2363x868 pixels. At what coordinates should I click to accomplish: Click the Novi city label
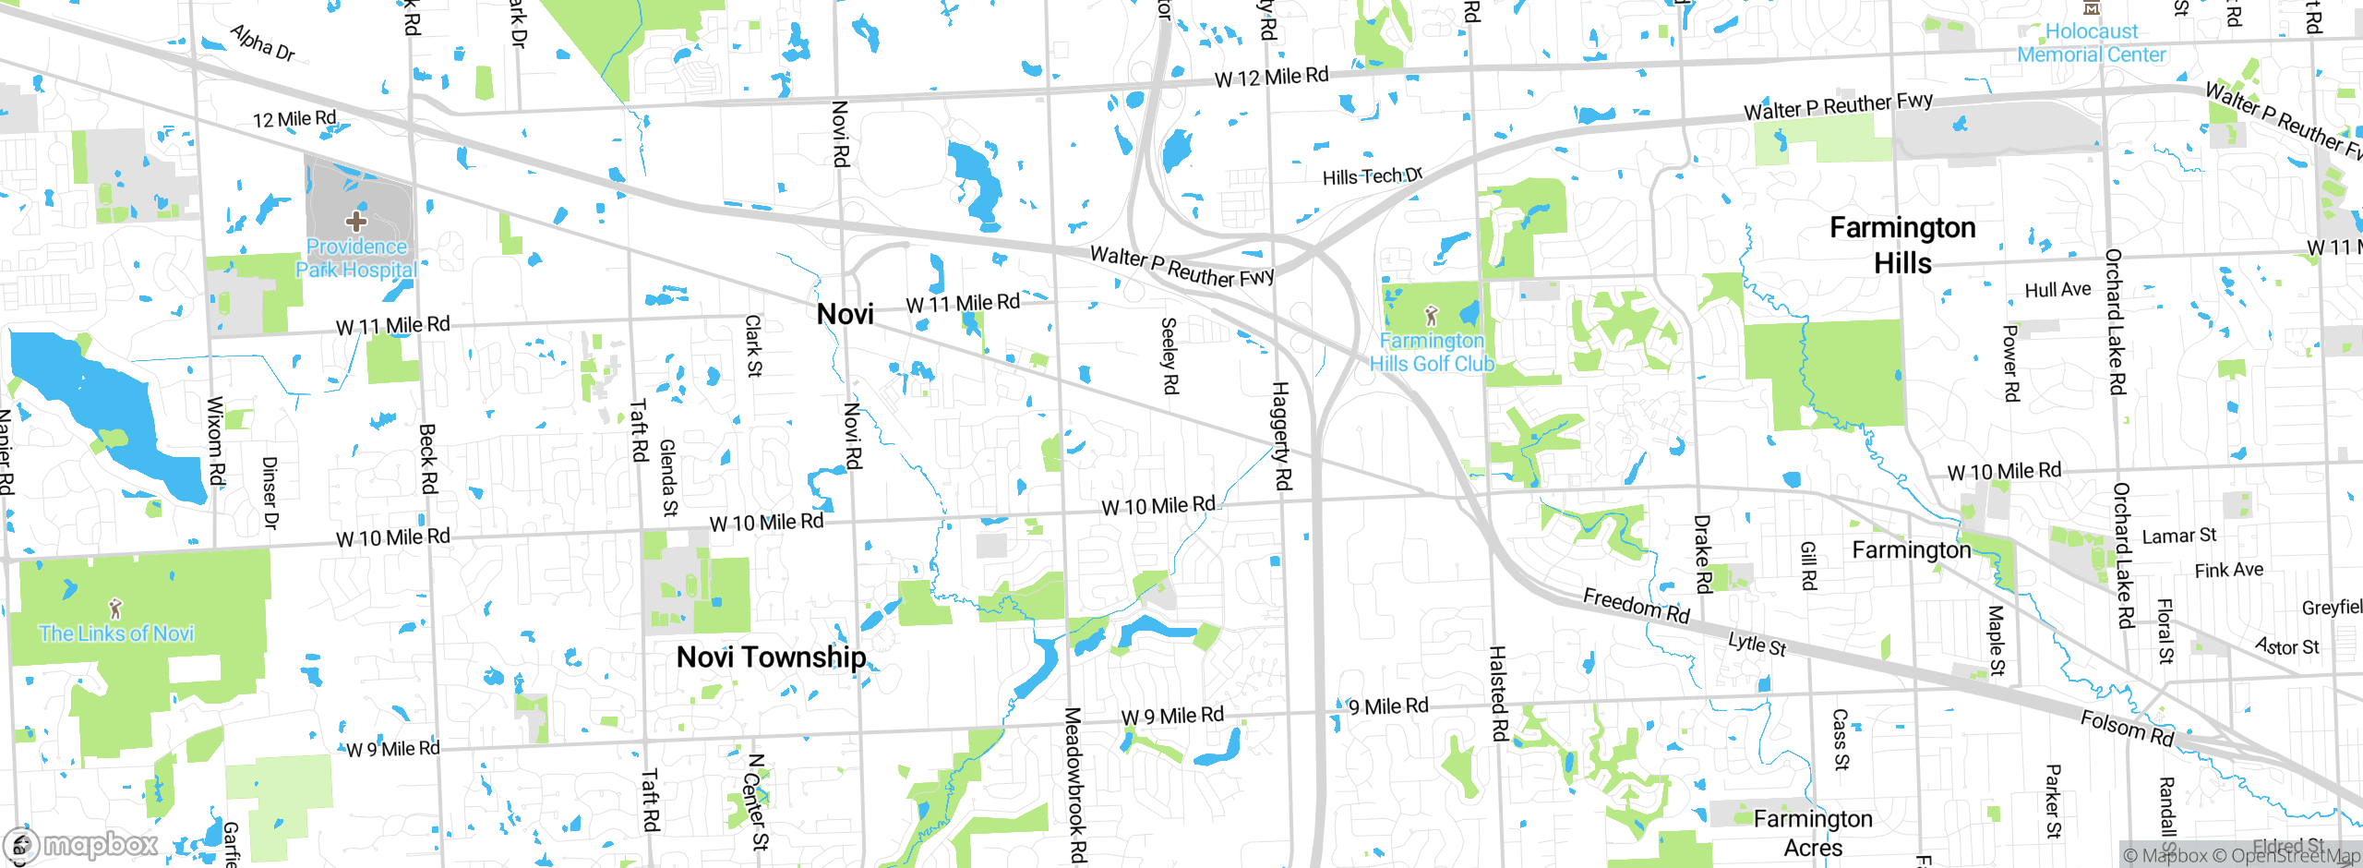point(845,315)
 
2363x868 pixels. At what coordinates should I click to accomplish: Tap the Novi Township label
point(771,657)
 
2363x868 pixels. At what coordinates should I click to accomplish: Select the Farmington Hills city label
point(1902,245)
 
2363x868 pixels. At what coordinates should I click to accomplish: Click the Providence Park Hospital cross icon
point(356,221)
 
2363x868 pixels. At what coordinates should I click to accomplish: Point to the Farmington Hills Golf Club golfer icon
point(1432,316)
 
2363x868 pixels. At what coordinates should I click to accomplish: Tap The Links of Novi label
point(116,633)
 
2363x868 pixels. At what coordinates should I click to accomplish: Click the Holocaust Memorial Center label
point(2091,43)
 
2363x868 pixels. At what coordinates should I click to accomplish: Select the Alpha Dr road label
point(262,43)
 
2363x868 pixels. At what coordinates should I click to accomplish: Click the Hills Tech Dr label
point(1372,176)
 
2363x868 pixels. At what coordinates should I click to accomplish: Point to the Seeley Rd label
point(1169,356)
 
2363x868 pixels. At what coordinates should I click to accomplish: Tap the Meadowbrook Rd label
point(1075,785)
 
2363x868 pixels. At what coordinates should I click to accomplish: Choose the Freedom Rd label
point(1636,606)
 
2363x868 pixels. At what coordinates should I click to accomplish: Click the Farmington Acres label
point(1813,833)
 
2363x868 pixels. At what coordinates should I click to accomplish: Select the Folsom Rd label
point(2127,729)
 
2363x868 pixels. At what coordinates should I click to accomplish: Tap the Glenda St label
point(668,477)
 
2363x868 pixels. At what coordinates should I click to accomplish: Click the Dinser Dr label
point(270,492)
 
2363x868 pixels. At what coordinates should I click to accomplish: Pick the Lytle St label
point(1757,644)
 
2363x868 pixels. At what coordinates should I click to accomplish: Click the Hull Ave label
point(2057,290)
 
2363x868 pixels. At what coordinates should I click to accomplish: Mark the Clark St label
point(753,346)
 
